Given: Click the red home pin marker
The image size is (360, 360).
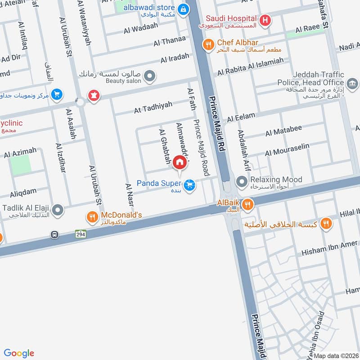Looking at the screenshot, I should click(x=180, y=162).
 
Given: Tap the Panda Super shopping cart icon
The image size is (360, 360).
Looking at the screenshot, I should click(x=190, y=184).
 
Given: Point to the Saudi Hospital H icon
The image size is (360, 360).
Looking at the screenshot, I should click(x=265, y=20).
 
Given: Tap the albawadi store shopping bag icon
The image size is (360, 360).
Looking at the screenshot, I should click(x=183, y=9).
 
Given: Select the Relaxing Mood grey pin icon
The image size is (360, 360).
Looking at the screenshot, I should click(x=242, y=182).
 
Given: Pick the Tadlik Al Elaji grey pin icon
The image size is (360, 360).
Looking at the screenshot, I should click(x=57, y=210).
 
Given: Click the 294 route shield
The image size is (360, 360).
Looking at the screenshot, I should click(x=81, y=234).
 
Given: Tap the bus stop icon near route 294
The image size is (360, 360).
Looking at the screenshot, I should click(x=54, y=234).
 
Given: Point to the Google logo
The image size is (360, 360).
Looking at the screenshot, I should click(x=19, y=353).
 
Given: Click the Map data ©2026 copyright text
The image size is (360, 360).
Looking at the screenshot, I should click(x=337, y=355).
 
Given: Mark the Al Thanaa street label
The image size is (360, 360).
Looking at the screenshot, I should click(x=169, y=41).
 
